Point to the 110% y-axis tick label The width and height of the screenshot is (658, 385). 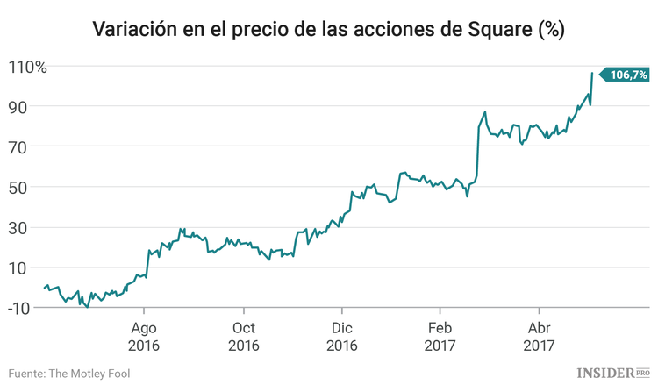pos(28,67)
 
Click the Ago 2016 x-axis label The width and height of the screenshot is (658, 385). pos(145,336)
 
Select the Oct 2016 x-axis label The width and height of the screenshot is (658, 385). pos(243,336)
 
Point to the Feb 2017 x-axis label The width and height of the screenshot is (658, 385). pos(440,336)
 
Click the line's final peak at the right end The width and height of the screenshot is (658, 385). pos(592,74)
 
